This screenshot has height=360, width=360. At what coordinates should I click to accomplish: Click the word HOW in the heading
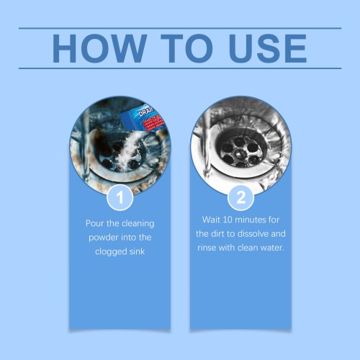(x=99, y=48)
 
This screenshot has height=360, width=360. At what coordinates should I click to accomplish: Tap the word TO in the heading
(x=186, y=48)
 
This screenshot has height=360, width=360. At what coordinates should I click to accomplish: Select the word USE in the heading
(x=268, y=48)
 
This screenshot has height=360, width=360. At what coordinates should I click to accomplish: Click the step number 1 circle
(x=120, y=197)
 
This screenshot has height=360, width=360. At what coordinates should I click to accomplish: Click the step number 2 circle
(x=240, y=197)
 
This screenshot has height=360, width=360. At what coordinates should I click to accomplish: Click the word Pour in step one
(x=95, y=223)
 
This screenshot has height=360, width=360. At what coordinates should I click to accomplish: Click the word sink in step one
(x=137, y=251)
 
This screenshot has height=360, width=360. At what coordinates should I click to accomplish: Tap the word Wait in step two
(x=211, y=220)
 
